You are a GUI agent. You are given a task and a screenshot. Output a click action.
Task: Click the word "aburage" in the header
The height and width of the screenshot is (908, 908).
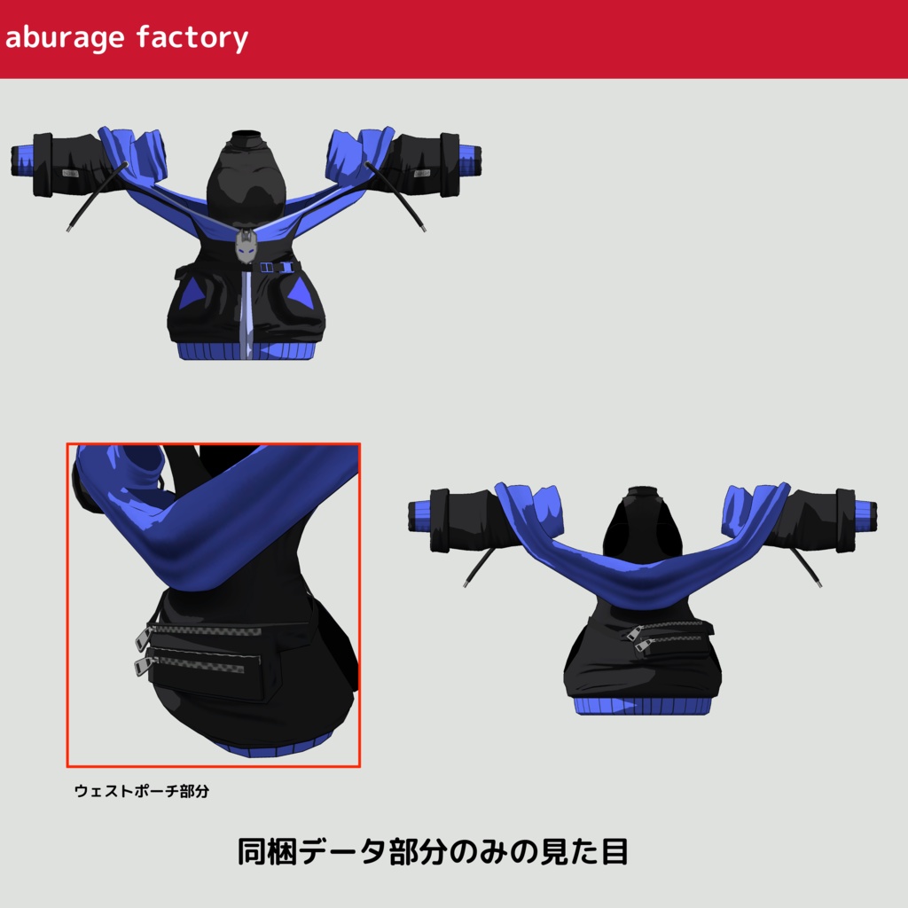click(x=64, y=38)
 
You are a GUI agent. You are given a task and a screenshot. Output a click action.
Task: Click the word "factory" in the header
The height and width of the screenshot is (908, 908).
click(x=192, y=38)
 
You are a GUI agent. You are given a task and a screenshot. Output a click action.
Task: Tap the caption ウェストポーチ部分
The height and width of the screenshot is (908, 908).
click(x=142, y=791)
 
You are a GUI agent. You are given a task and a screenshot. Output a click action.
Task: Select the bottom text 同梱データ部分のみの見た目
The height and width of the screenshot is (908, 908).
click(x=433, y=852)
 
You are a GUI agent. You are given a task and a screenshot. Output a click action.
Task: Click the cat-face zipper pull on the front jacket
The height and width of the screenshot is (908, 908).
click(x=246, y=247)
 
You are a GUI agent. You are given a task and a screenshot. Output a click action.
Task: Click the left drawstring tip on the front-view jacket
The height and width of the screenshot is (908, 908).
click(x=68, y=230)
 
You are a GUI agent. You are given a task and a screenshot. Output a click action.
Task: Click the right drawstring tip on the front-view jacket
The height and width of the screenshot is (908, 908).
click(x=423, y=229)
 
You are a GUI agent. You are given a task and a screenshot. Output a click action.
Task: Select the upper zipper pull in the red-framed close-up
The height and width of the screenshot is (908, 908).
click(x=143, y=638)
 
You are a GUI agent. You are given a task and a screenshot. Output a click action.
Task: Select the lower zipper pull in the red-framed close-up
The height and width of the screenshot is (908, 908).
click(x=142, y=665)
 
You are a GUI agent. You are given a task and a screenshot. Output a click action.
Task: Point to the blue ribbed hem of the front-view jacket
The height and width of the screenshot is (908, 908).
click(x=247, y=351)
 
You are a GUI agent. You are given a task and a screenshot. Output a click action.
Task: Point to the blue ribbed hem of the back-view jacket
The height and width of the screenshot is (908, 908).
click(x=642, y=705)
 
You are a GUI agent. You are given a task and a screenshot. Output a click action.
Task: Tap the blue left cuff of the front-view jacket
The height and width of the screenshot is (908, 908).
click(x=23, y=160)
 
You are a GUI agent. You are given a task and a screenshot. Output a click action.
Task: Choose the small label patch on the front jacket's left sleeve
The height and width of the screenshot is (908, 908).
click(x=70, y=173)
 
